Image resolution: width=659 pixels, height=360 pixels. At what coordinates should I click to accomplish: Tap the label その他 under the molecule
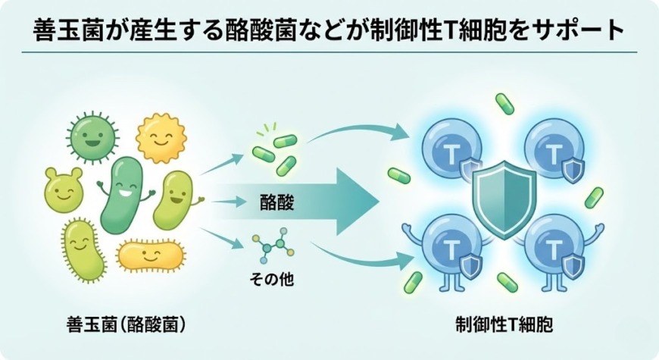coord(271,279)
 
